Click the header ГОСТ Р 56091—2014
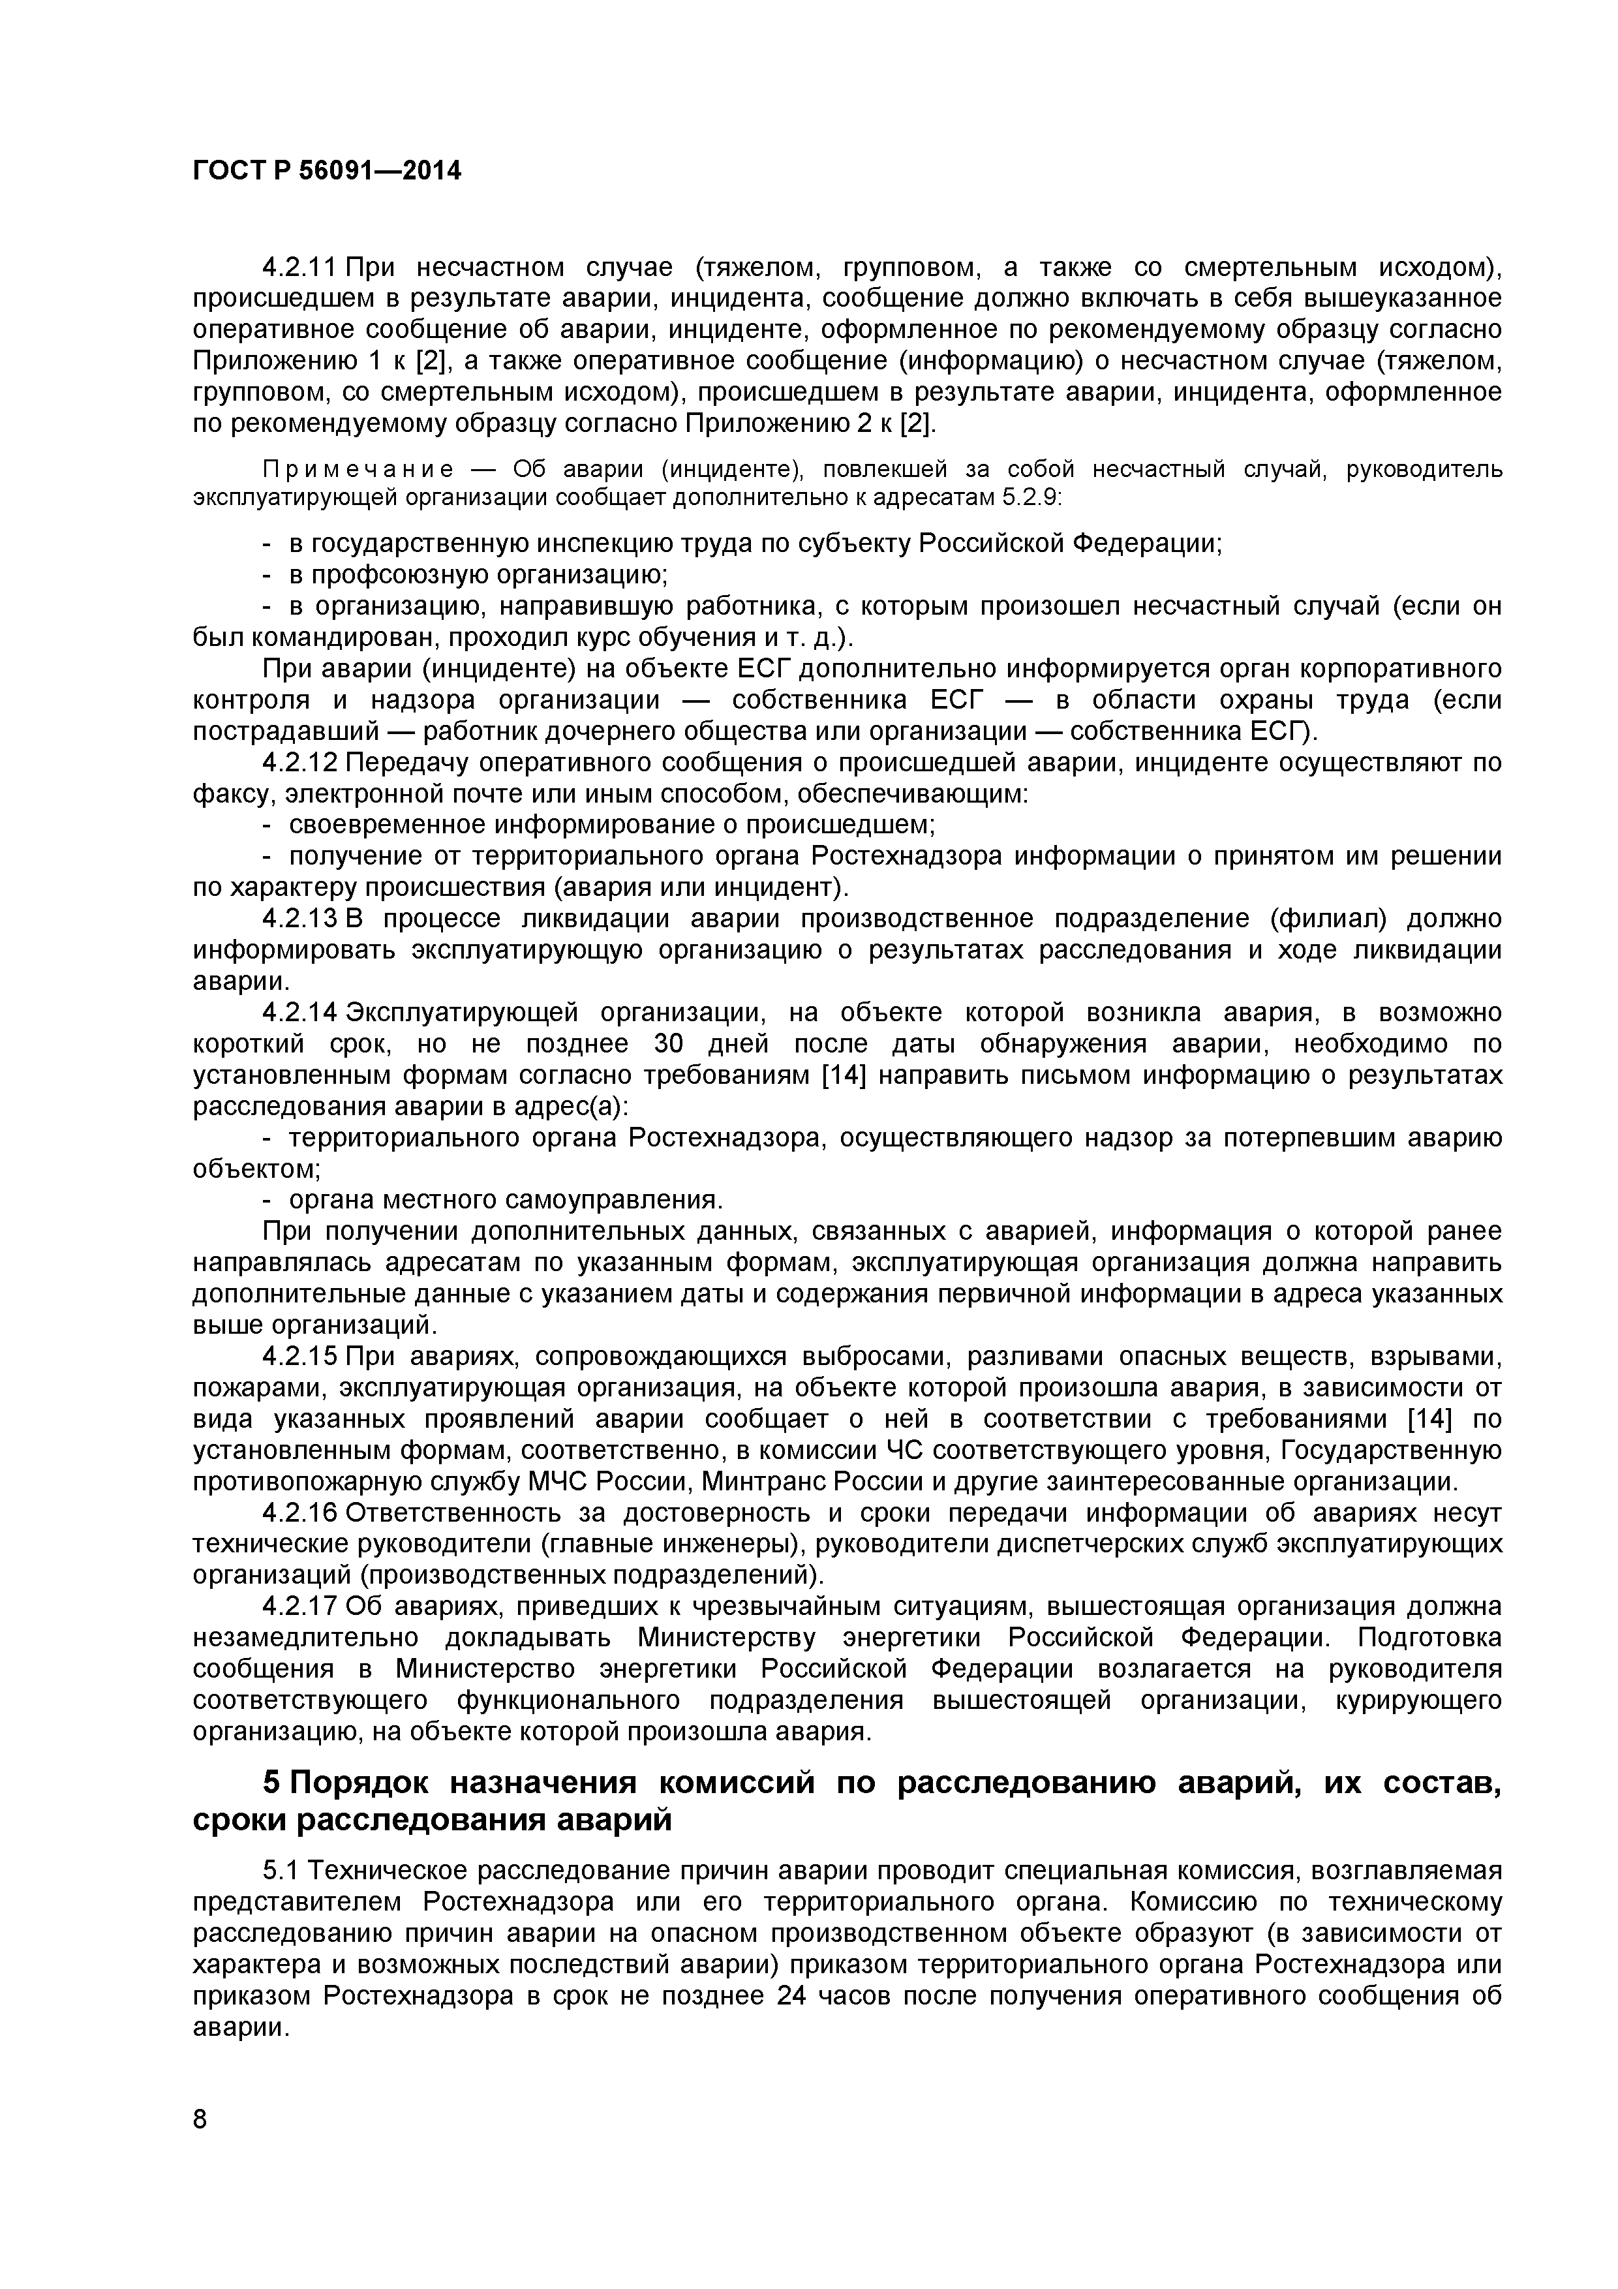(x=326, y=172)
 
